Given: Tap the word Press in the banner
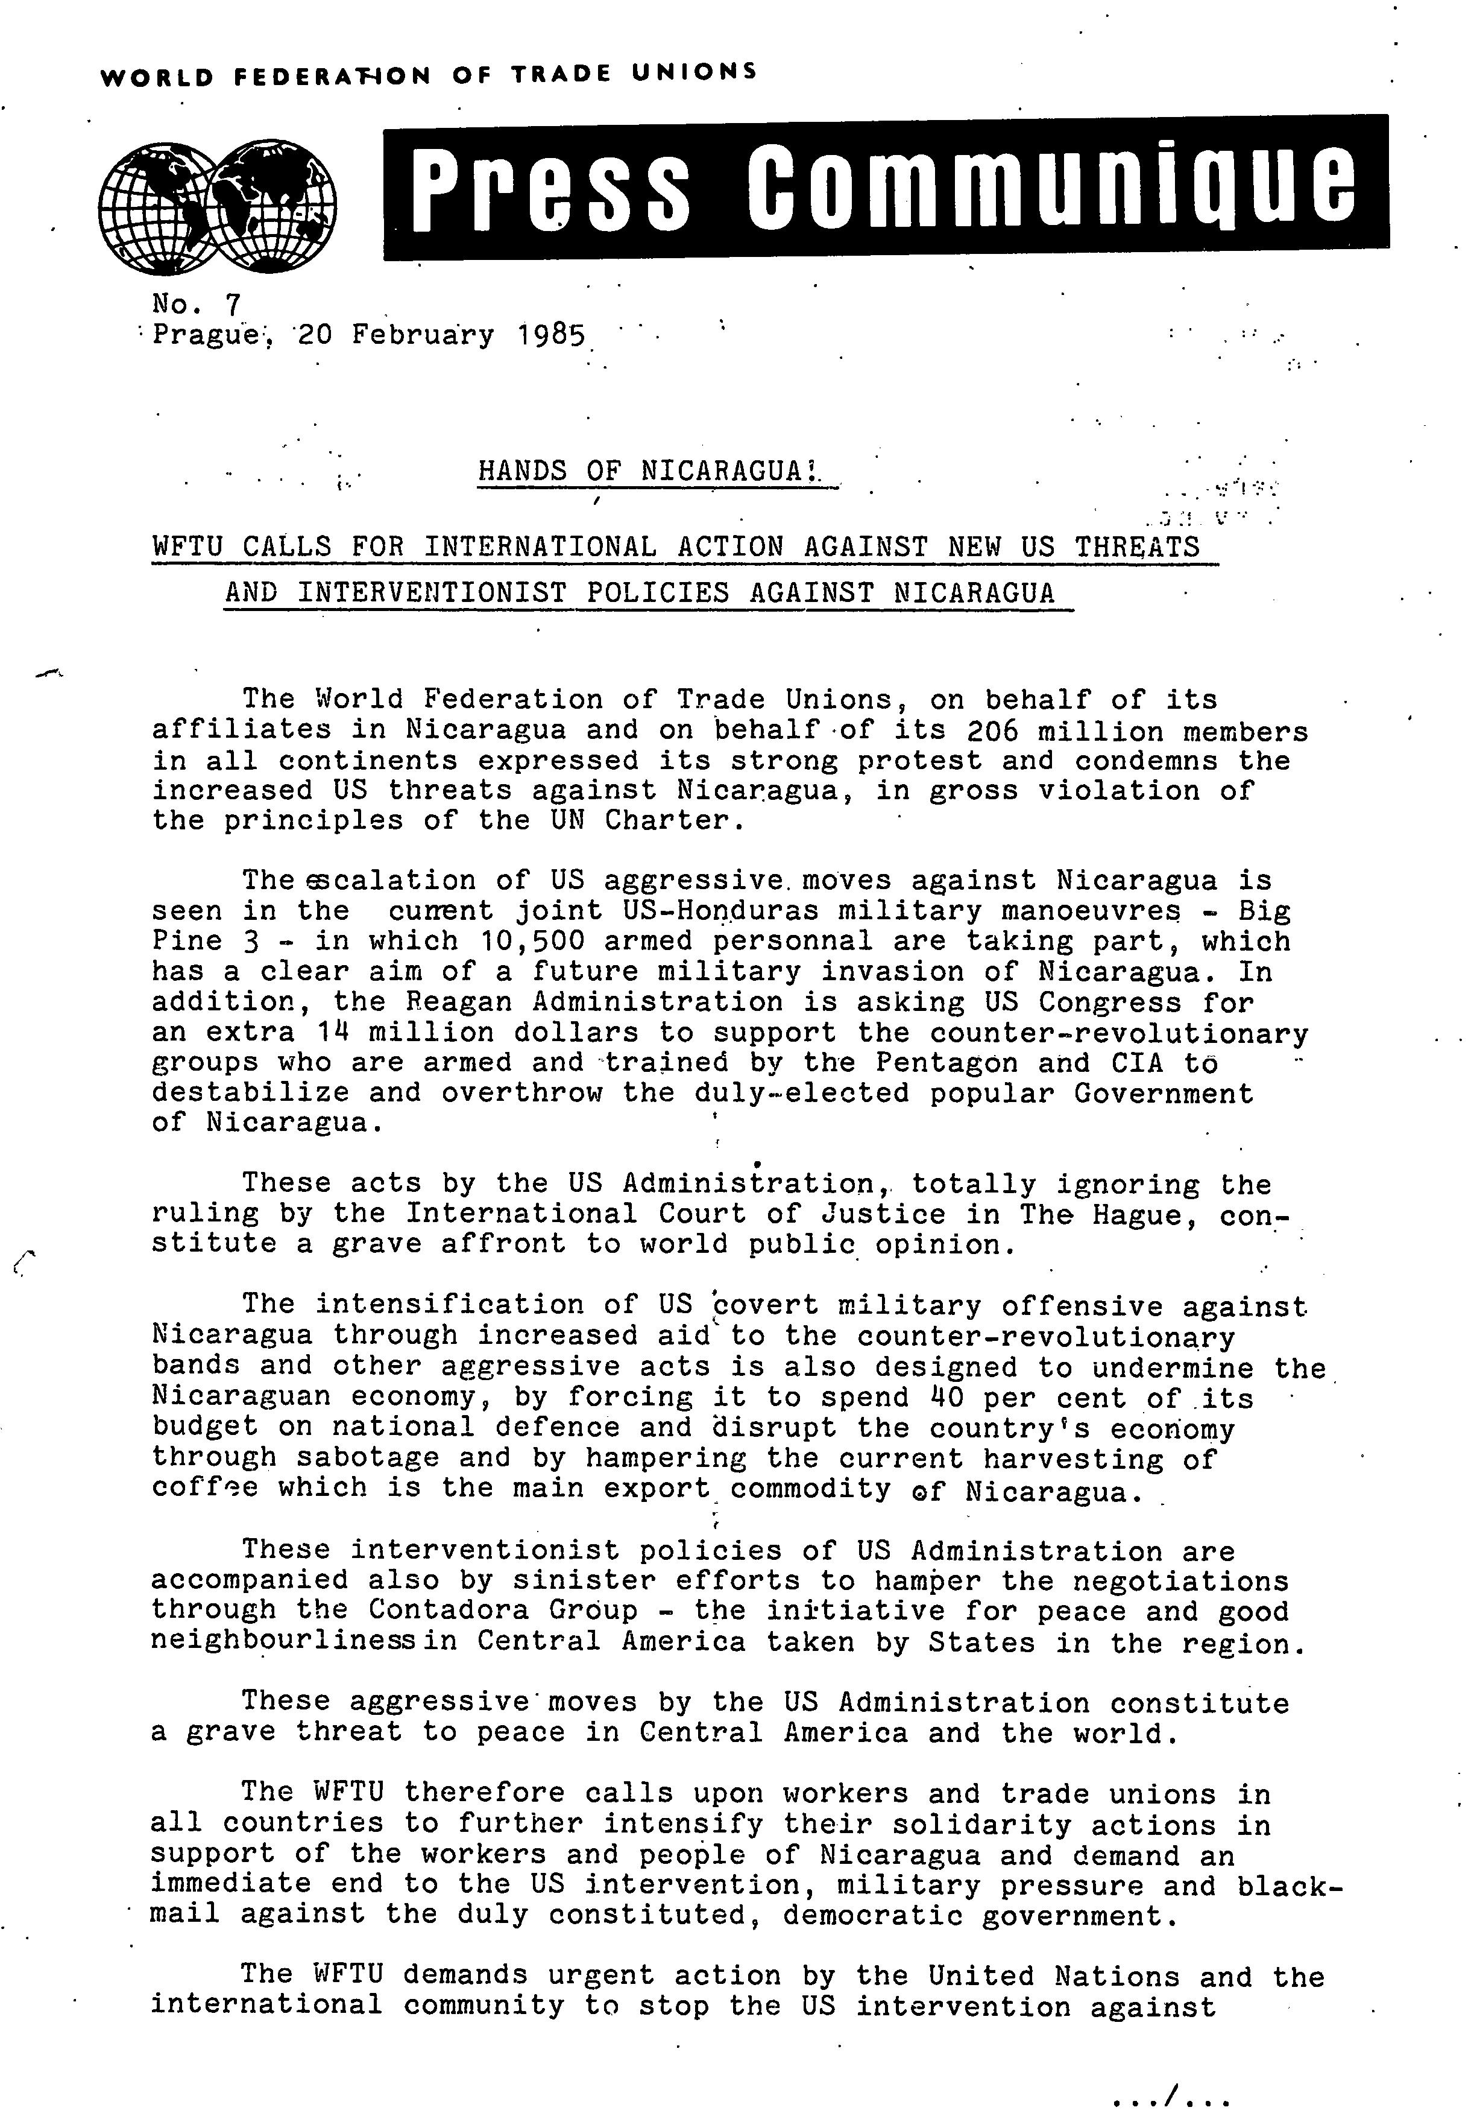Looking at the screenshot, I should coord(549,183).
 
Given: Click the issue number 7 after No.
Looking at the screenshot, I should coord(230,304).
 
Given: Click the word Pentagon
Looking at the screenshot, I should coord(946,1063).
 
